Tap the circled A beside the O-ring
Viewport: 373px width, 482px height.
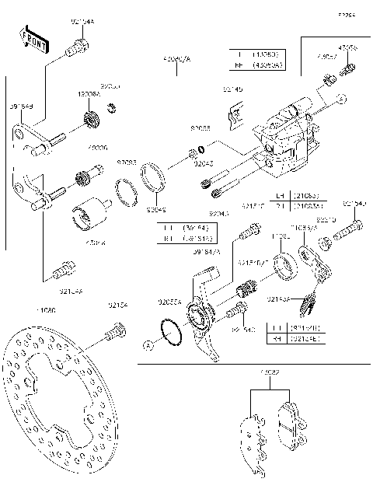tap(148, 344)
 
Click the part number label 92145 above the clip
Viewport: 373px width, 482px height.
tap(232, 90)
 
